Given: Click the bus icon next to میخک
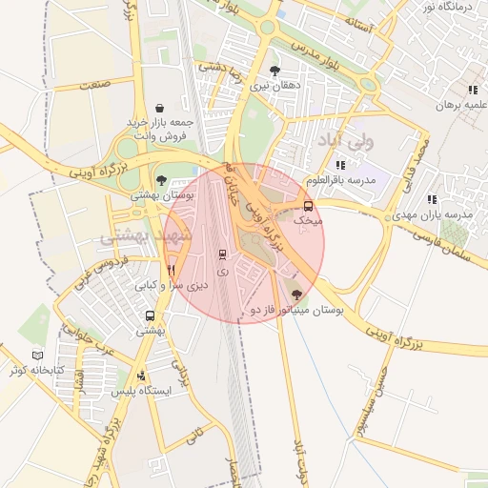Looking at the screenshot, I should [307, 205].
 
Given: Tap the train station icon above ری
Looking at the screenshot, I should [223, 254].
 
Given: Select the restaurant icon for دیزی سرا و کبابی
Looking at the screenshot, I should [172, 270].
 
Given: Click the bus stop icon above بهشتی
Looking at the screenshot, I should [150, 315].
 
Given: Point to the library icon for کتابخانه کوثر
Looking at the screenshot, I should [38, 355].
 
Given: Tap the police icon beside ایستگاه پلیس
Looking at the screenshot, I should [142, 376].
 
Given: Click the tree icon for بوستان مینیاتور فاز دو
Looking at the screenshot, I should [295, 295].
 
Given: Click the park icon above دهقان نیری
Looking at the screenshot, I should [275, 71].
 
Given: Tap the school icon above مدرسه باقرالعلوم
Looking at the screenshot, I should [340, 165].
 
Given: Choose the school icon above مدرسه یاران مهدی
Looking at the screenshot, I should [432, 200].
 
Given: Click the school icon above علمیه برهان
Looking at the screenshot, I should [473, 90].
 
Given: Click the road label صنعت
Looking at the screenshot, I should [95, 86].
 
